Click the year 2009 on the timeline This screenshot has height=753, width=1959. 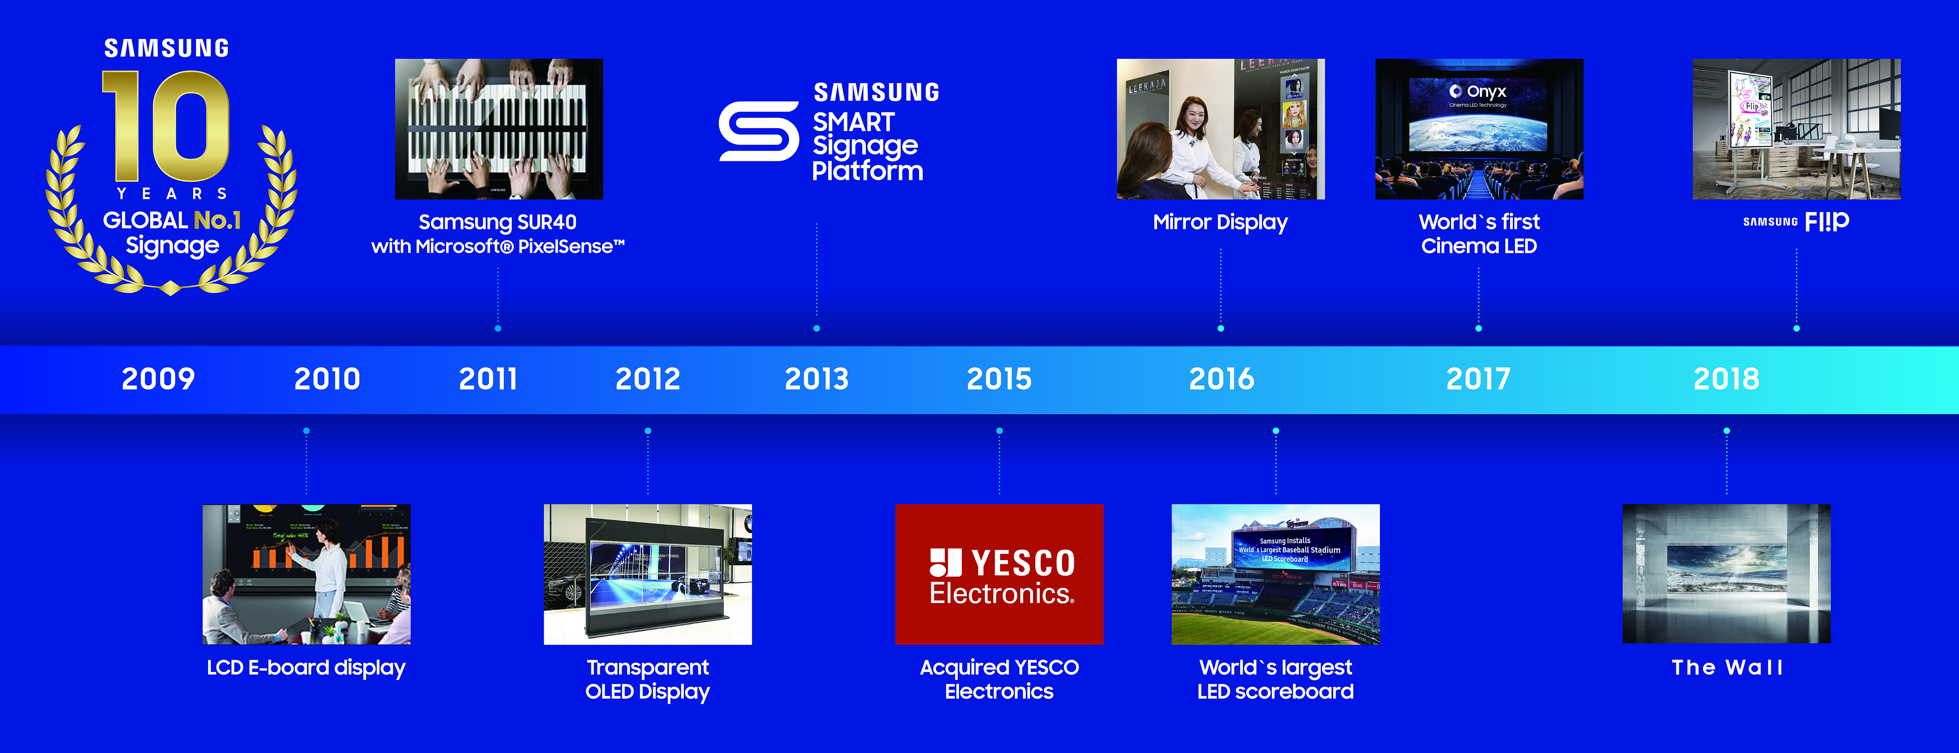[x=158, y=378]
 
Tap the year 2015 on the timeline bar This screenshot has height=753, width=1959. [x=999, y=378]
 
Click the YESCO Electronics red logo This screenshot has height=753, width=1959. [x=999, y=575]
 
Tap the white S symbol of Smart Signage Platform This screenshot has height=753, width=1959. [x=758, y=132]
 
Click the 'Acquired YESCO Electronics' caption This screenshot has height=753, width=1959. [x=999, y=679]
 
